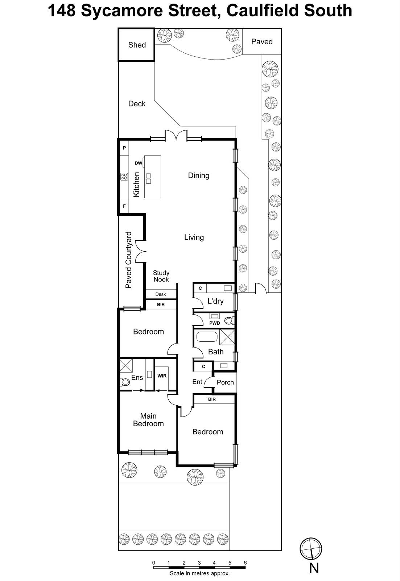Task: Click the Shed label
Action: tap(137, 45)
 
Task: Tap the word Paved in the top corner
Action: tap(261, 42)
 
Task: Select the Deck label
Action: tap(137, 104)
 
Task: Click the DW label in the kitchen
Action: tap(138, 163)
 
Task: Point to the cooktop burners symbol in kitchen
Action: tap(124, 177)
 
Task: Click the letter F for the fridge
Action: tap(124, 206)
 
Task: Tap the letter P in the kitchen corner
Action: tap(124, 148)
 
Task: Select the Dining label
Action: tap(198, 176)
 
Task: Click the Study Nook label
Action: tap(161, 276)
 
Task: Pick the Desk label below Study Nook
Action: tap(160, 294)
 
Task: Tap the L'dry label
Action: tap(215, 301)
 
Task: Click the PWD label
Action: tap(215, 323)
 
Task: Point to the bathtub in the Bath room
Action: tap(207, 337)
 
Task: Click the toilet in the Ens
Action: tap(124, 382)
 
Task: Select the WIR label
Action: tap(162, 376)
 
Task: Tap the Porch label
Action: tap(225, 382)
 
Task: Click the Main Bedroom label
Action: tap(148, 420)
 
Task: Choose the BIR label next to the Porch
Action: tap(212, 399)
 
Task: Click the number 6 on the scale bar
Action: tap(245, 563)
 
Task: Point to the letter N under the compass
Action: tap(314, 568)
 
